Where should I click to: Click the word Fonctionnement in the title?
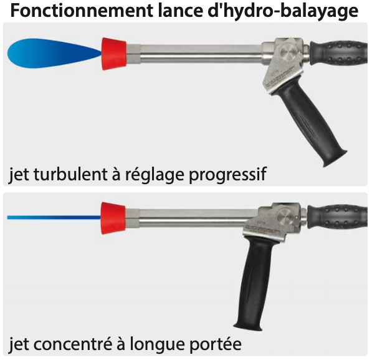pos(82,11)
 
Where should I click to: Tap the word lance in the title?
pos(180,11)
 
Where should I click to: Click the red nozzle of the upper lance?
pos(114,54)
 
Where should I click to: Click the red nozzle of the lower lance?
pos(113,218)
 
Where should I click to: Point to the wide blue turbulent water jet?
pos(55,53)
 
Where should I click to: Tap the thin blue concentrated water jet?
pos(54,217)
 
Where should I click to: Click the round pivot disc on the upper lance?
pos(289,52)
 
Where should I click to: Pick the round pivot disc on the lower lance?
pos(286,216)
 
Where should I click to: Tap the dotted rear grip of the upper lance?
pos(339,53)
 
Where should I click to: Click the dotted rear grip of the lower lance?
pos(338,216)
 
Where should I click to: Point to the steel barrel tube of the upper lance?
pos(194,54)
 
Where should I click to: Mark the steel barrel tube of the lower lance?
pos(191,218)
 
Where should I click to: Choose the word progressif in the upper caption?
pos(228,175)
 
